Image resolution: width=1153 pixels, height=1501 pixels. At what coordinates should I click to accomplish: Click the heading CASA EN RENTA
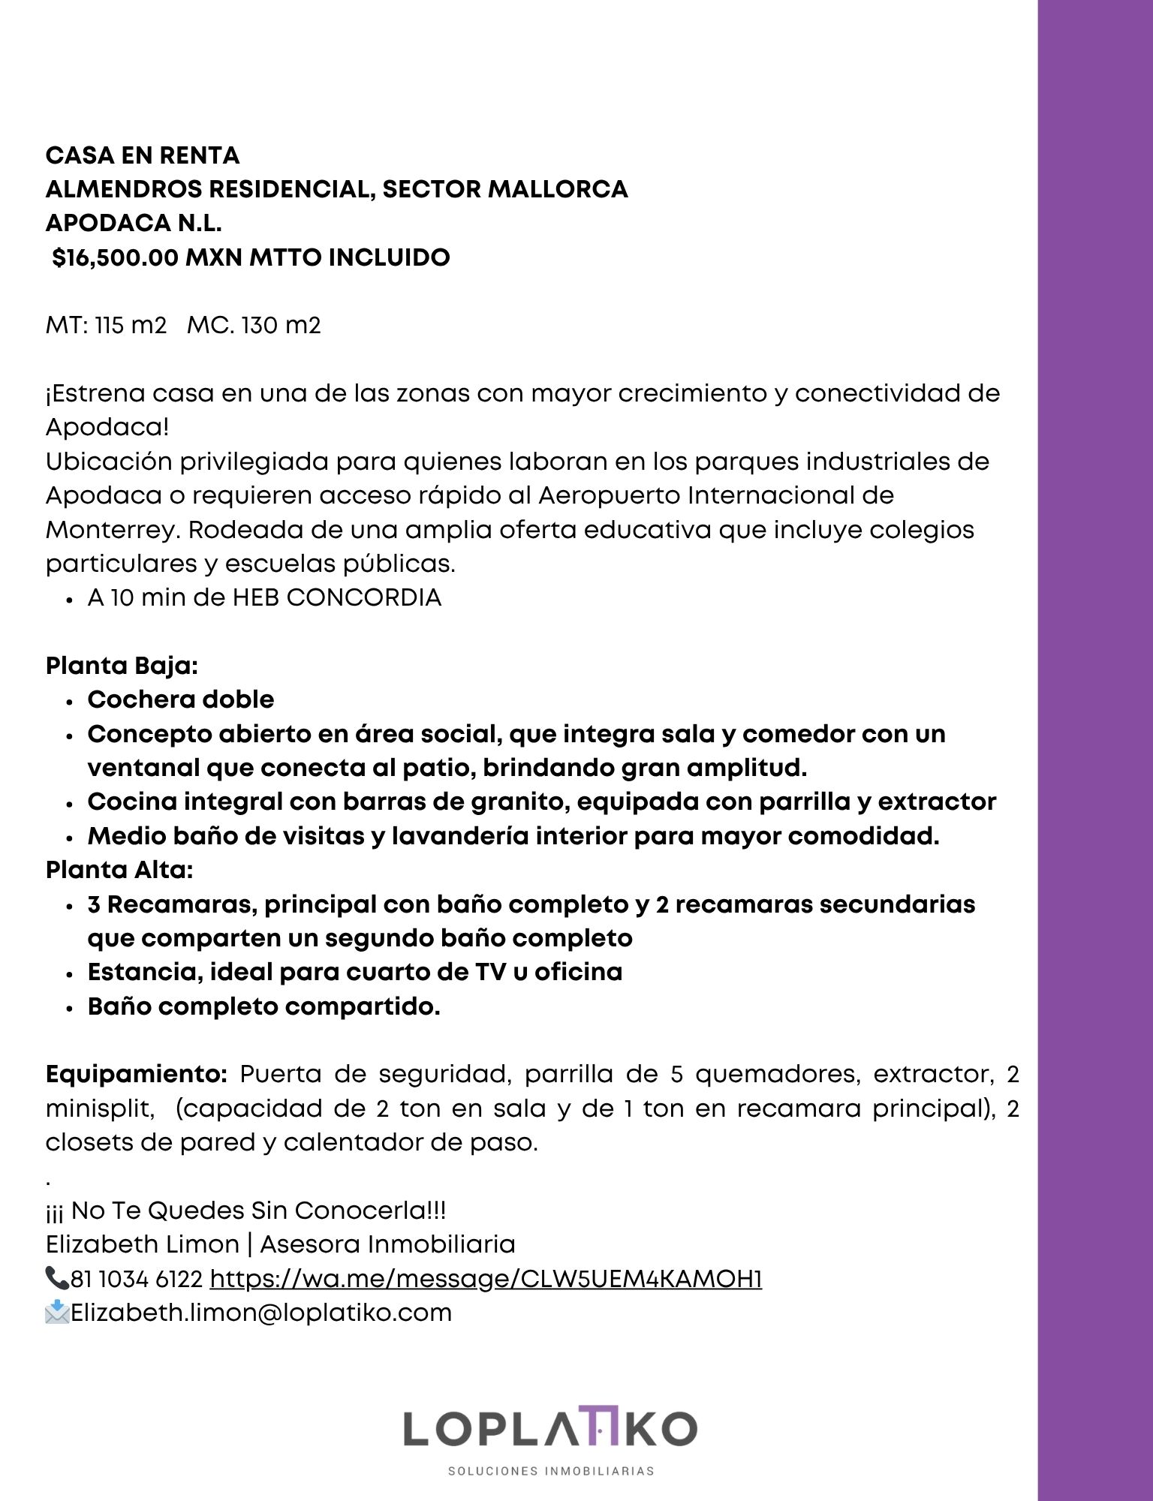coord(143,155)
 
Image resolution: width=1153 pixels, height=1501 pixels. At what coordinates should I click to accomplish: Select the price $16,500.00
coord(115,257)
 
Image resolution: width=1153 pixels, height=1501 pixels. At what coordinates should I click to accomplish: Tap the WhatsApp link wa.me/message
coord(486,1278)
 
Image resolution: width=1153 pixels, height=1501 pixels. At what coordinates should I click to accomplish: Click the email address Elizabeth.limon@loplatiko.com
coord(261,1313)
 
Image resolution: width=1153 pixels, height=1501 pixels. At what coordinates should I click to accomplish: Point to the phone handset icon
coord(57,1277)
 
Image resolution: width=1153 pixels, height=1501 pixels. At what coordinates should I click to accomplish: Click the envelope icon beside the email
coord(57,1313)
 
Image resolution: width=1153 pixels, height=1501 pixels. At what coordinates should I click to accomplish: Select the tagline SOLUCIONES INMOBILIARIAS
coord(551,1471)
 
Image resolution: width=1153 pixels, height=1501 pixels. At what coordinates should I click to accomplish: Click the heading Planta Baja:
coord(122,666)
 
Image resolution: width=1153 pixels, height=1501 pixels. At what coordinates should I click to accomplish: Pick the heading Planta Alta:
coord(119,870)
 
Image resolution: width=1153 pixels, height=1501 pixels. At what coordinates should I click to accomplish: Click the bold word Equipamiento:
coord(137,1074)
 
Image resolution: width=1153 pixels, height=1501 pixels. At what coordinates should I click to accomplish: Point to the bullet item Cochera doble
coord(181,699)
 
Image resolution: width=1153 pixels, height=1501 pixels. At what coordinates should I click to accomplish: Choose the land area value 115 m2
coord(131,326)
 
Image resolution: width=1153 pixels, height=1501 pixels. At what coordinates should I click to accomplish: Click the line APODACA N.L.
coord(134,223)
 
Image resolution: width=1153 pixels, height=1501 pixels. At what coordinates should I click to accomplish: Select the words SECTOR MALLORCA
coord(505,189)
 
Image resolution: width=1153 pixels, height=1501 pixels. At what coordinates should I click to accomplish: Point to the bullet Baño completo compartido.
coord(263,1006)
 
